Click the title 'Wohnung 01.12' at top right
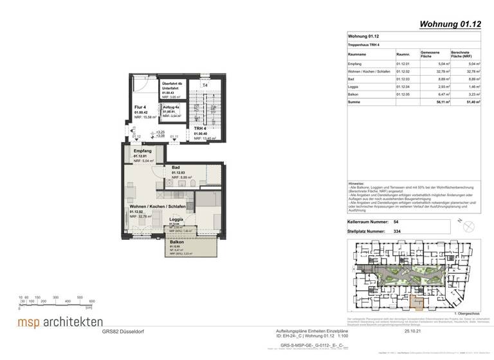pyautogui.click(x=452, y=25)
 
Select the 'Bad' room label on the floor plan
pyautogui.click(x=175, y=167)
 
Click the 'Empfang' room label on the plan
pyautogui.click(x=143, y=150)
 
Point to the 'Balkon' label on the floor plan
pyautogui.click(x=176, y=242)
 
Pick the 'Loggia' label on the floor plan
pyautogui.click(x=176, y=220)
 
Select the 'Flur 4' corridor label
pyautogui.click(x=141, y=107)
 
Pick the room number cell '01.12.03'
pyautogui.click(x=403, y=79)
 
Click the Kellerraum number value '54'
pyautogui.click(x=396, y=221)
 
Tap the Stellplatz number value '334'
pyautogui.click(x=397, y=230)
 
